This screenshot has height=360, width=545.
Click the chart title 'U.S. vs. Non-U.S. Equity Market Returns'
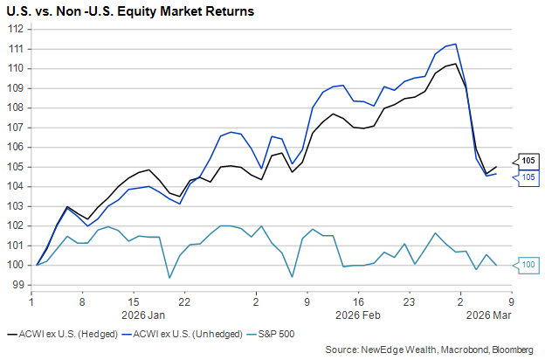pos(131,12)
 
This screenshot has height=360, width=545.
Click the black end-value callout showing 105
pos(528,160)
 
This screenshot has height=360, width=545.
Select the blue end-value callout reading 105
pos(528,177)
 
